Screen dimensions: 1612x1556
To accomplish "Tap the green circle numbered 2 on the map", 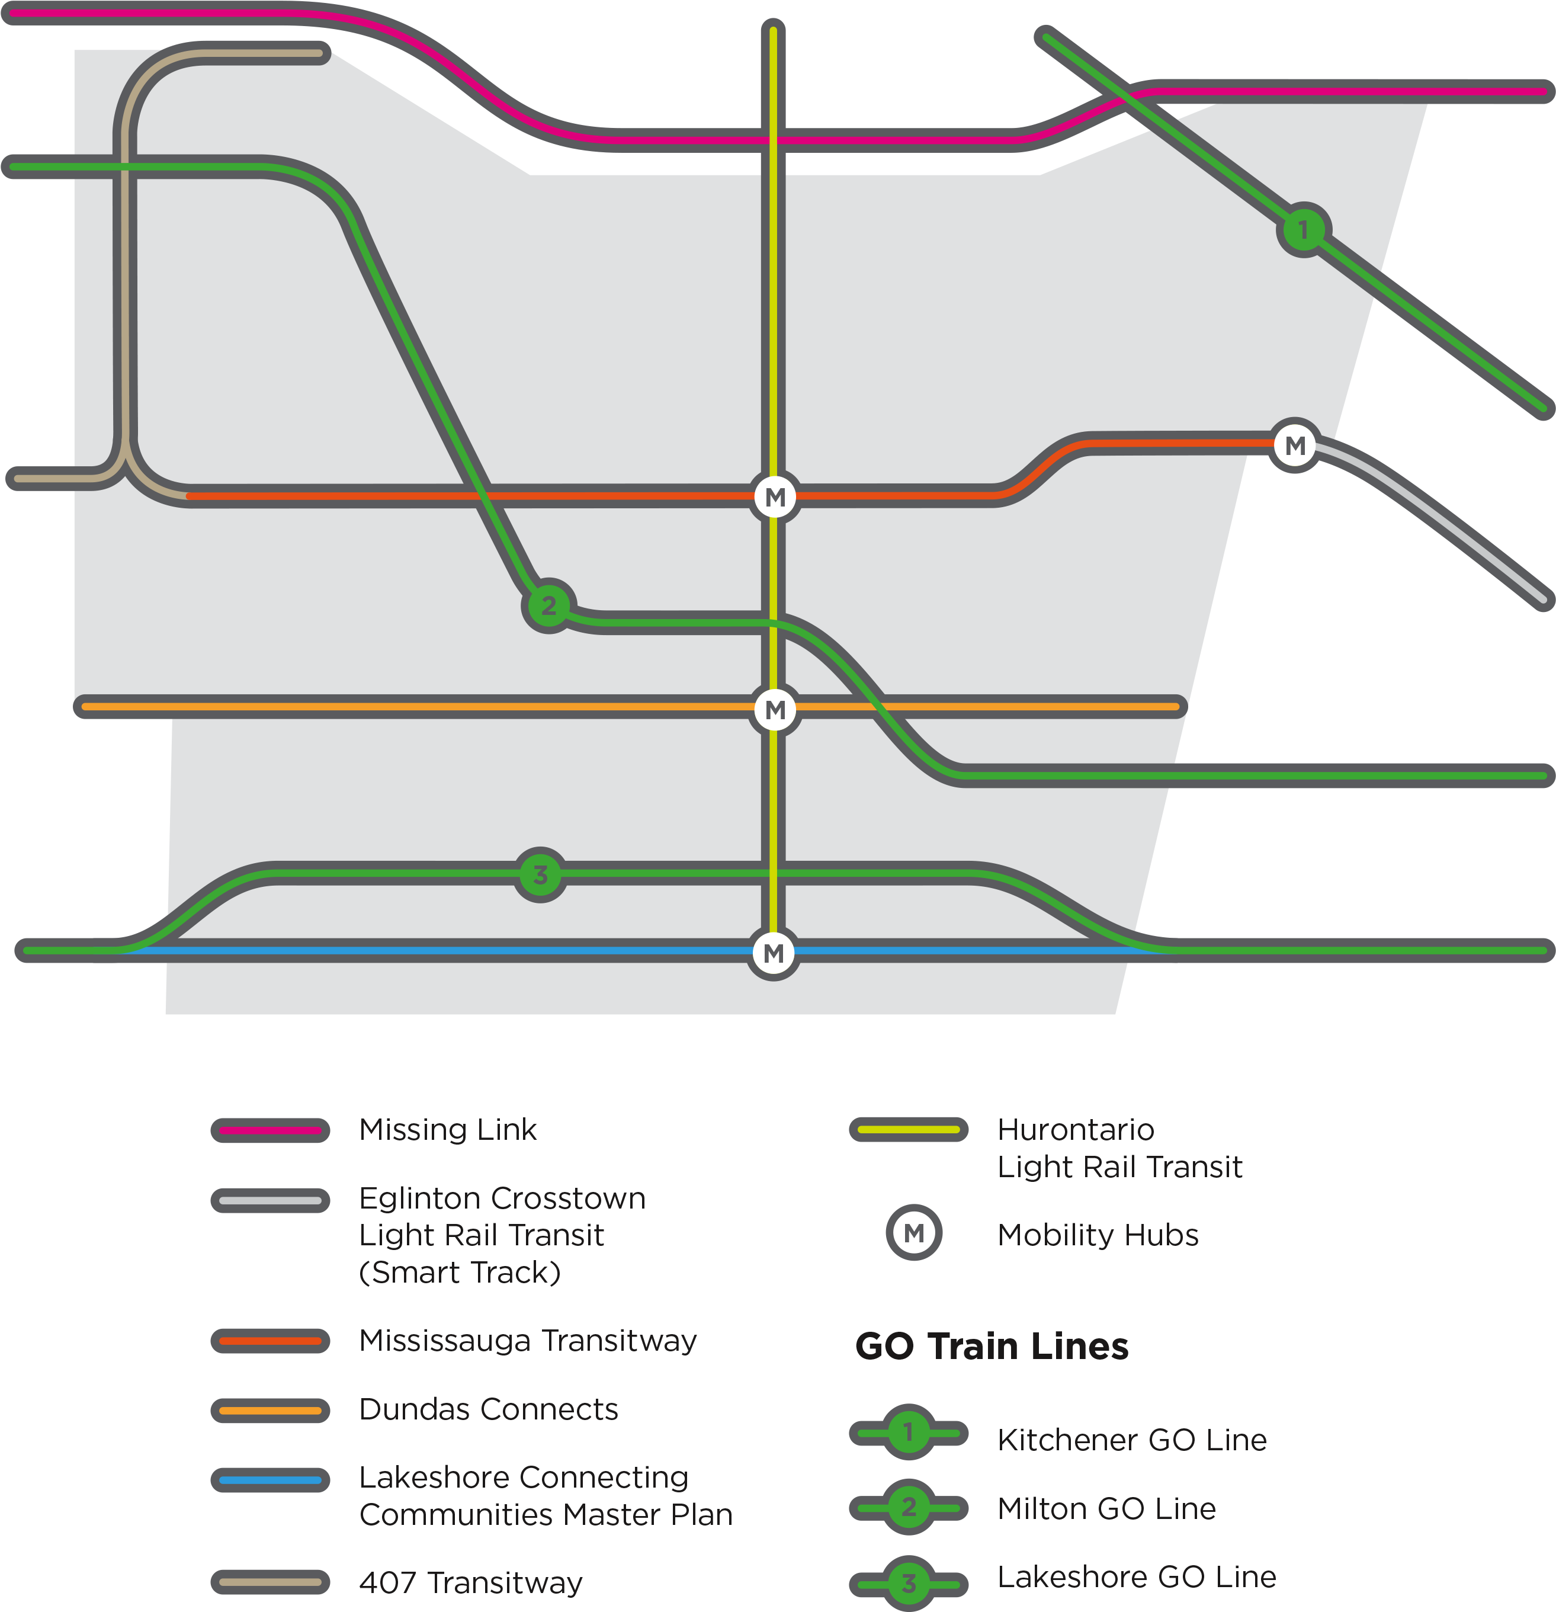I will click(548, 606).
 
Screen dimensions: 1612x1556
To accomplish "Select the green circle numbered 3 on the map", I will click(540, 875).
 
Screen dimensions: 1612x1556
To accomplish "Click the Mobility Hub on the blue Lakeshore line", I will click(773, 953).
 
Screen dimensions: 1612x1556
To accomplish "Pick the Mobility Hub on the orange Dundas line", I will click(775, 709).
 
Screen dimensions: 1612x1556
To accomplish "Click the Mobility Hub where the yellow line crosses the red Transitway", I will click(775, 497).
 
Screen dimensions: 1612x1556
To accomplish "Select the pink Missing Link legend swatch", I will click(271, 1130).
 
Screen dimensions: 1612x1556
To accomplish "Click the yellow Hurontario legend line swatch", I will click(909, 1129).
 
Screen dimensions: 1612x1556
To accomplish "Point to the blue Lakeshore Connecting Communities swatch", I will click(271, 1480).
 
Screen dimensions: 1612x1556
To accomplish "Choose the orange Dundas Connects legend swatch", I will click(271, 1411).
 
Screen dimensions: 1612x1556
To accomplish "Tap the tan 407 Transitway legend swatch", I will click(271, 1582).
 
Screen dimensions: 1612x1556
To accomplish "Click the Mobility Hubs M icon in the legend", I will click(914, 1233).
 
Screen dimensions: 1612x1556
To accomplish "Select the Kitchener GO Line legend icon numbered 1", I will click(909, 1432).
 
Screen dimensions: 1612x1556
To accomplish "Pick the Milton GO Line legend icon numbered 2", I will click(909, 1507).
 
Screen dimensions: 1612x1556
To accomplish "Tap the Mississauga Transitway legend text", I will click(528, 1341).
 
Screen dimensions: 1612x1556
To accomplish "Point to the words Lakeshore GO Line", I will click(1137, 1576).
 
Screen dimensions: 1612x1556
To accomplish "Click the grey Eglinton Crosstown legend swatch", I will click(271, 1201).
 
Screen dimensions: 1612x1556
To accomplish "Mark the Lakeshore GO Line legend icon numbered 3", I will click(909, 1582).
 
